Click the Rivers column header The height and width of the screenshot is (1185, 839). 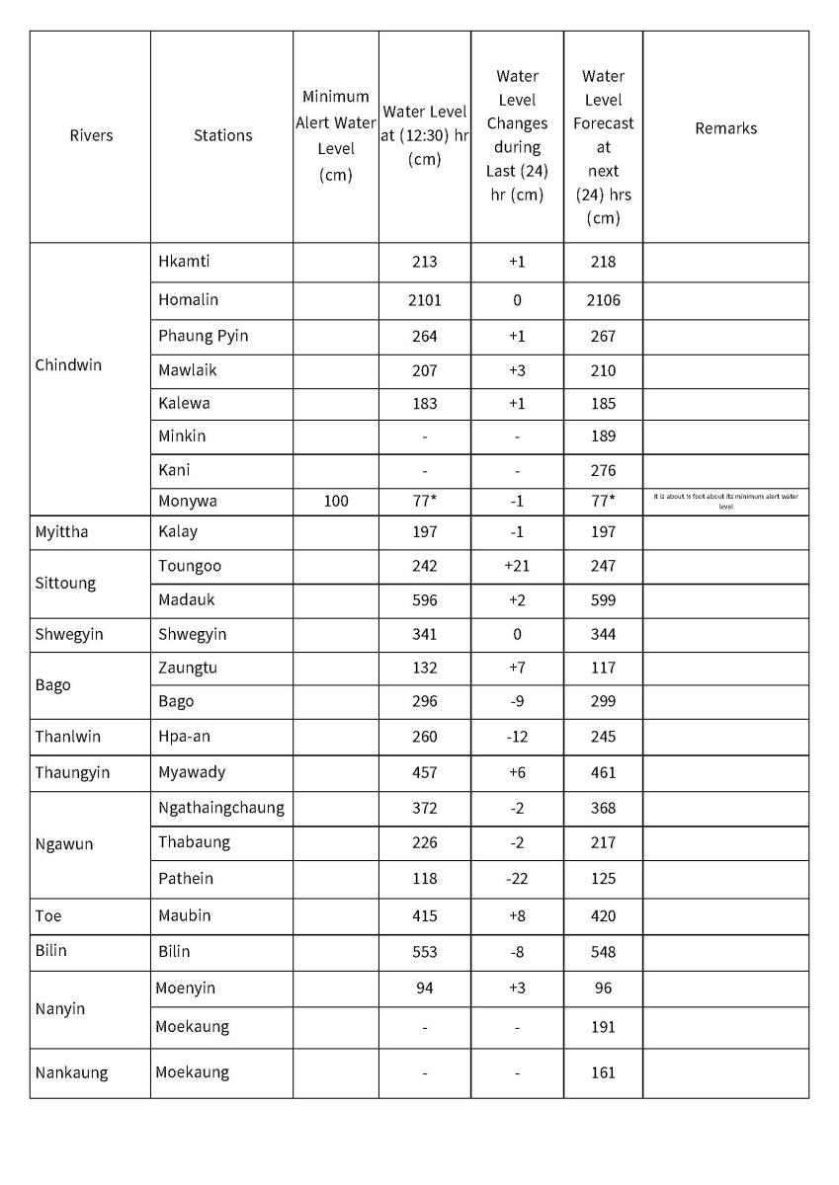point(91,135)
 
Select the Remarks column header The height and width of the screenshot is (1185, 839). point(725,128)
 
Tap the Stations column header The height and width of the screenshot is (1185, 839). point(222,135)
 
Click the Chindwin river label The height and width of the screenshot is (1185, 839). point(68,364)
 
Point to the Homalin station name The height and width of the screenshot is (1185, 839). point(188,299)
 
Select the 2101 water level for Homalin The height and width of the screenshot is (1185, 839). point(424,300)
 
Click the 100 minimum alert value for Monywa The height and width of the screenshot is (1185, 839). point(336,501)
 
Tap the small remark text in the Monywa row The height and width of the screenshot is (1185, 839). point(725,501)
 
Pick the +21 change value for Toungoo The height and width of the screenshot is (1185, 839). point(517,566)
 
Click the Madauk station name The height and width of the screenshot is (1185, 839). point(186,599)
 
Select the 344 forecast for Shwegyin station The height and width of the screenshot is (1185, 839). point(603,634)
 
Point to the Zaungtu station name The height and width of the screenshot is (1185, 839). point(188,668)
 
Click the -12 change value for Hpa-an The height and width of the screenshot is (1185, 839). point(517,737)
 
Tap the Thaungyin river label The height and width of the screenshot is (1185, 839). point(72,772)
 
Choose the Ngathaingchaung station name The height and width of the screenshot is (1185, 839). point(220,808)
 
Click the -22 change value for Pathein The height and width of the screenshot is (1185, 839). point(517,879)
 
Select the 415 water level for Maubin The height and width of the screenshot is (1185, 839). point(424,915)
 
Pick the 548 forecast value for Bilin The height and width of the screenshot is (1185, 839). point(603,952)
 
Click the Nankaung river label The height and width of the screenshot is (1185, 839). point(71,1072)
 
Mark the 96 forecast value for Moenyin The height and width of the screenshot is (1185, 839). point(603,987)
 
